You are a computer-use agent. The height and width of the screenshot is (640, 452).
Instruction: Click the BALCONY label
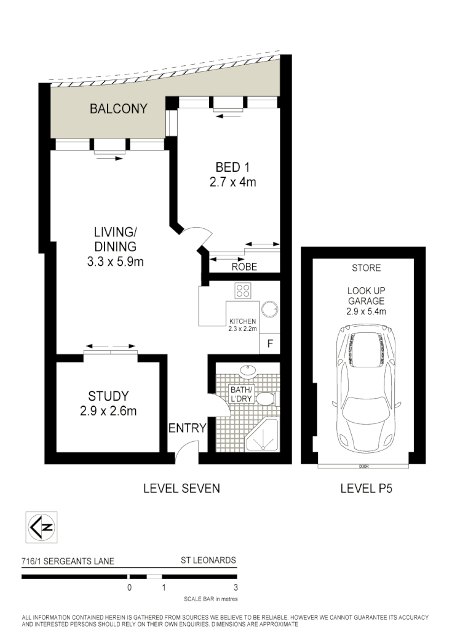click(x=118, y=109)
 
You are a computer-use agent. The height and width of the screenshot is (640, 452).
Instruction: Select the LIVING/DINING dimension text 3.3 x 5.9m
click(x=114, y=261)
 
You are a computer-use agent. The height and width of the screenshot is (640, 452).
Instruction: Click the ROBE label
click(x=244, y=268)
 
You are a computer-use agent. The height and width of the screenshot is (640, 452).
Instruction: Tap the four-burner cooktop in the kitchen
click(x=243, y=291)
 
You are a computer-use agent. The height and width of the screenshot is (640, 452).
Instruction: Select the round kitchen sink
click(x=269, y=308)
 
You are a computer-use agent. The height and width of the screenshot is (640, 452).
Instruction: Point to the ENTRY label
click(x=186, y=428)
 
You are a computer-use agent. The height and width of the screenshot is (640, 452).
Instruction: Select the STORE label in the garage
click(x=366, y=268)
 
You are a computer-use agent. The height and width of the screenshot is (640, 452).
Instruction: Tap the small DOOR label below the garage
click(x=363, y=466)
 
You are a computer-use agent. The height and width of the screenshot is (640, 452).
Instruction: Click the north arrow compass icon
click(x=40, y=527)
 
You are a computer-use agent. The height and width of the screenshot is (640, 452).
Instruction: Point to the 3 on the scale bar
click(x=236, y=588)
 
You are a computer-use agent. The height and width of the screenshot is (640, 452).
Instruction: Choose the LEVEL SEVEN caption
click(x=181, y=489)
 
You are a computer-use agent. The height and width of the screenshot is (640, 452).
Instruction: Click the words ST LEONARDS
click(x=208, y=561)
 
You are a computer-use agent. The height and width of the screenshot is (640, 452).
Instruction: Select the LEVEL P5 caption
click(x=366, y=489)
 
